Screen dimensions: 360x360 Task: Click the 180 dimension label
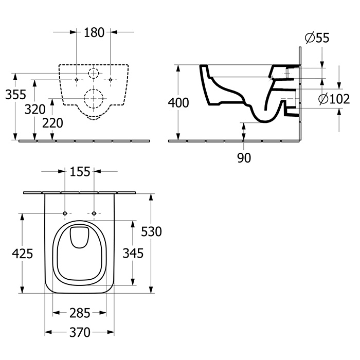(x=94, y=32)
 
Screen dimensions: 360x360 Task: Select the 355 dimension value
(x=15, y=95)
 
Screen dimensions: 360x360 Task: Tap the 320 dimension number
(x=34, y=109)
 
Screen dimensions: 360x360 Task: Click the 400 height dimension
(x=178, y=103)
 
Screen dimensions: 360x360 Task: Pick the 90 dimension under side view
(x=244, y=158)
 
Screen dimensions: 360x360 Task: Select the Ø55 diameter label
(x=317, y=38)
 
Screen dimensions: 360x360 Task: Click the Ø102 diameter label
(x=334, y=99)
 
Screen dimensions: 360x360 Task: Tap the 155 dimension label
(x=80, y=171)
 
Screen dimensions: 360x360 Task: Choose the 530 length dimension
(x=152, y=231)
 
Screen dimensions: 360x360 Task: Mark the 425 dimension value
(x=22, y=253)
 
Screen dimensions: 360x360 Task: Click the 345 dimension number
(x=133, y=253)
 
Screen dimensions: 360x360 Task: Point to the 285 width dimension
(x=80, y=313)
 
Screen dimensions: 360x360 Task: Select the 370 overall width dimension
(x=80, y=332)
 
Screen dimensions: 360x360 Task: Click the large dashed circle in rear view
(x=93, y=97)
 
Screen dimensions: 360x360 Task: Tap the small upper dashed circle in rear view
(x=93, y=74)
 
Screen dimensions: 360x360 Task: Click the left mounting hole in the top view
(x=65, y=213)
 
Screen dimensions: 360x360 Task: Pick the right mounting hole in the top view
(x=95, y=213)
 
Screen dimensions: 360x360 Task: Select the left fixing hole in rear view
(x=76, y=80)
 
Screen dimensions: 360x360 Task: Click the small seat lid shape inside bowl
(x=80, y=237)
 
